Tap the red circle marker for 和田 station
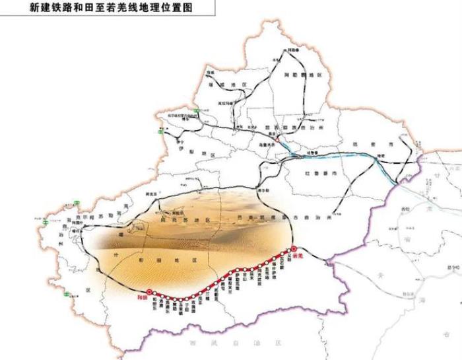pos(149,289)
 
